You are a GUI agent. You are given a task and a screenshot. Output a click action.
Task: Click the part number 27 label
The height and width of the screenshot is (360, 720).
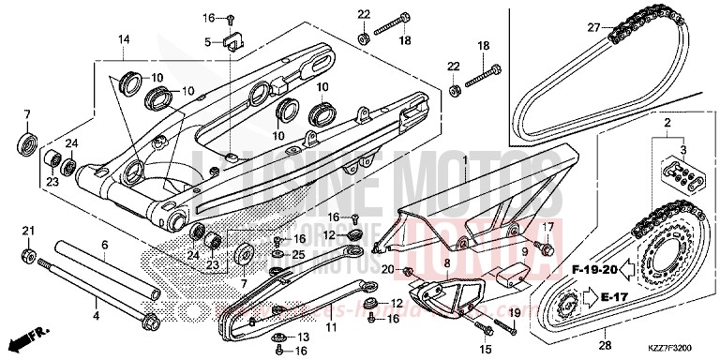point(592,28)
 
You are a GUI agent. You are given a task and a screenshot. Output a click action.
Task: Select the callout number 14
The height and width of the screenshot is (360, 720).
point(122,39)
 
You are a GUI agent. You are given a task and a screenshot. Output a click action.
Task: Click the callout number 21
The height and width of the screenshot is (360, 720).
point(28,232)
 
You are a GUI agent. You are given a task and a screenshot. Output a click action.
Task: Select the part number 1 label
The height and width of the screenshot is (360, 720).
point(464,161)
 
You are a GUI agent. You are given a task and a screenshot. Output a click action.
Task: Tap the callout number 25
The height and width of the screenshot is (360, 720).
point(298,254)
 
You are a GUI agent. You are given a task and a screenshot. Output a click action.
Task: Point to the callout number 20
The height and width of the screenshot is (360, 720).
point(387,270)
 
